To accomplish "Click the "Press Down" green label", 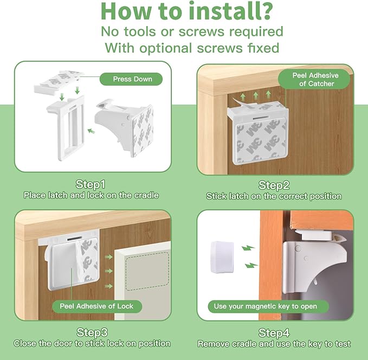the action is [x=131, y=79].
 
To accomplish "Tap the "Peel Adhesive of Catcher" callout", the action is [x=314, y=79].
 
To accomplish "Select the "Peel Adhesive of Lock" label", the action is [x=96, y=306].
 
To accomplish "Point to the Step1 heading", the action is [x=91, y=184].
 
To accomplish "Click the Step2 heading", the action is [x=274, y=185].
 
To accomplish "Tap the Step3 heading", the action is [x=92, y=332].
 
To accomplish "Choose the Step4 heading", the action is [x=274, y=333].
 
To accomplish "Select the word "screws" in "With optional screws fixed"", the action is [x=219, y=48].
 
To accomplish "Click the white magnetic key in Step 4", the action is [x=222, y=257].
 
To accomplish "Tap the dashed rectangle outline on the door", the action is [x=147, y=271].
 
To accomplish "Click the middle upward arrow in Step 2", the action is [x=256, y=95].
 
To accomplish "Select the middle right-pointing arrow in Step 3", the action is [x=108, y=271].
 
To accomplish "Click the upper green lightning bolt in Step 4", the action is [x=248, y=248].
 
